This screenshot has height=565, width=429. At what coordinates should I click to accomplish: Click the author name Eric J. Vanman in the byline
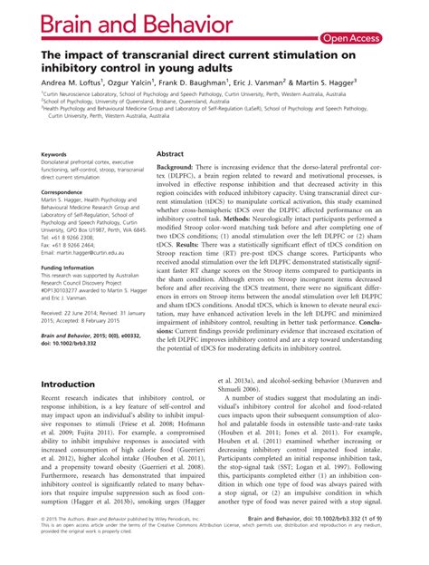coord(267,81)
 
